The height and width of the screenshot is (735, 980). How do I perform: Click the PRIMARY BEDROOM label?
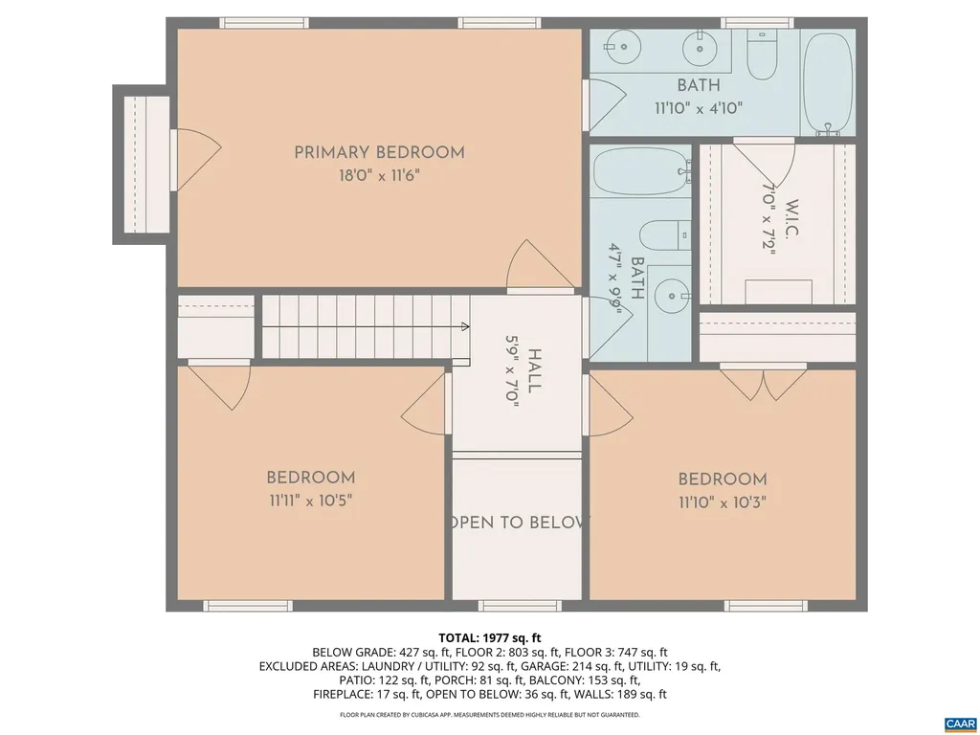click(379, 152)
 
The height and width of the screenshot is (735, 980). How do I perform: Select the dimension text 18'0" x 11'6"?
click(379, 176)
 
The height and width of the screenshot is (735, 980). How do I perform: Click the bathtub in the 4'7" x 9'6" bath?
click(640, 171)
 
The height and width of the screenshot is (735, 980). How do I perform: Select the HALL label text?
click(534, 370)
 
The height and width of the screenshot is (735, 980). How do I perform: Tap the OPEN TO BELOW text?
click(518, 523)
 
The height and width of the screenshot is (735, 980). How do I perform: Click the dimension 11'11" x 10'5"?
click(310, 501)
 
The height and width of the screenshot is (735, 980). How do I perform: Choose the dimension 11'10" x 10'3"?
click(723, 502)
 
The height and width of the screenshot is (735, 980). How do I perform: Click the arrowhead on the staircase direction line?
click(465, 326)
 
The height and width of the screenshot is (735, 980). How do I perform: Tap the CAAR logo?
click(959, 723)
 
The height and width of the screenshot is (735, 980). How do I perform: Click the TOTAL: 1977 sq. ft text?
click(490, 637)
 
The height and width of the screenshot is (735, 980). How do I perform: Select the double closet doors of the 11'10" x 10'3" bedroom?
click(764, 382)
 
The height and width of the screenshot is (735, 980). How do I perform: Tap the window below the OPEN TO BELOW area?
click(518, 606)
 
